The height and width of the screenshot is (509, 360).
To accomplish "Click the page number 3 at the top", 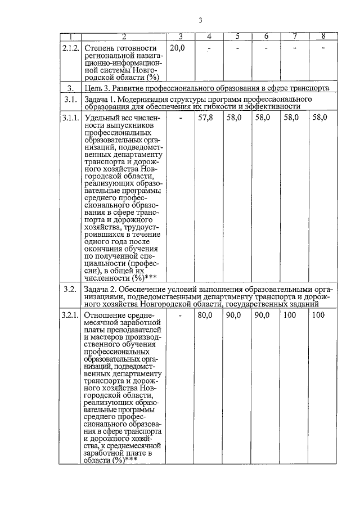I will coord(200,21).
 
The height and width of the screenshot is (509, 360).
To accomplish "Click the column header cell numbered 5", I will coord(237,37).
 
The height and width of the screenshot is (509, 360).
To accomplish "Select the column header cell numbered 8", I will coord(323,37).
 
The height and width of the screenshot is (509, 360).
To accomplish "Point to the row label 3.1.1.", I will coord(71,119).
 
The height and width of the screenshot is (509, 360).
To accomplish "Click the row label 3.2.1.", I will coord(71,315).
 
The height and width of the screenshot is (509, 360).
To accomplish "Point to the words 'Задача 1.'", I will coord(101,100).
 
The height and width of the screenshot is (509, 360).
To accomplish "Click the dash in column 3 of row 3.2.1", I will coord(181,315).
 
